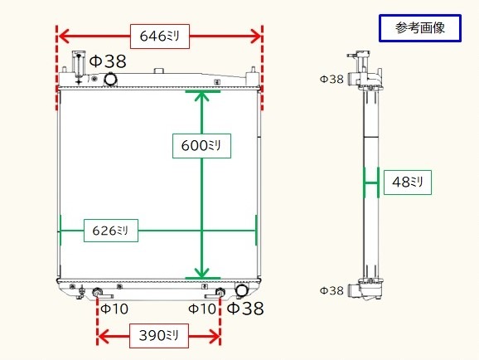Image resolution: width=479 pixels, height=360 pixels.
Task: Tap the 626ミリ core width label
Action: tap(112, 230)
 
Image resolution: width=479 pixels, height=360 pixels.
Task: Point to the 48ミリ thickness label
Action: tap(408, 182)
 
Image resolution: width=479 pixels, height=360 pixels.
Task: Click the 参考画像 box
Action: tap(420, 29)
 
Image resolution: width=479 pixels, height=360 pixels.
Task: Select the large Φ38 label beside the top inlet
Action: tap(108, 61)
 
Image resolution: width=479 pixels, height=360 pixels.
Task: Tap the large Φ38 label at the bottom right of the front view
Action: tap(245, 309)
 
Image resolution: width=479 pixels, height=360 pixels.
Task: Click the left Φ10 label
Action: tap(114, 309)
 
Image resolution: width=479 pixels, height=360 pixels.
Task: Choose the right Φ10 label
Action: tap(203, 309)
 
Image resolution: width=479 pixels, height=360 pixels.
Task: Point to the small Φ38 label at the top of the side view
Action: tap(331, 80)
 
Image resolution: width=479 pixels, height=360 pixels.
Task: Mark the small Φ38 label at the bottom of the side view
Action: tap(331, 290)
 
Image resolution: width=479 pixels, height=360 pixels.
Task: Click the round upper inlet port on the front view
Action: tap(109, 80)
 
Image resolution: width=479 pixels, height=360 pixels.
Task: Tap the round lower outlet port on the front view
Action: tap(242, 292)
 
